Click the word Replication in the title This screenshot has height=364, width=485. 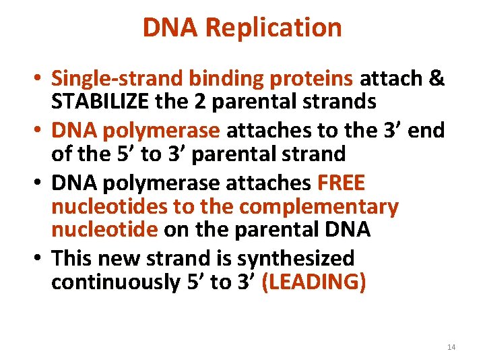(x=273, y=28)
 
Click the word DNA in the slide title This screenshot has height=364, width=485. (x=171, y=28)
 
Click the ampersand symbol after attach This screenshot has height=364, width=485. (x=436, y=79)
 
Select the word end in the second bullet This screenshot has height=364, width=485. (x=427, y=129)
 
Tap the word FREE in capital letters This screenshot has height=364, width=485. (x=342, y=182)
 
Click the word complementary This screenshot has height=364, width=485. (x=319, y=206)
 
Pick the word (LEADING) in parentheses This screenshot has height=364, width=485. (x=314, y=282)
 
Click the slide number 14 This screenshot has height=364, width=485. (x=451, y=347)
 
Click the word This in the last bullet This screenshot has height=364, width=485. (x=71, y=257)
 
